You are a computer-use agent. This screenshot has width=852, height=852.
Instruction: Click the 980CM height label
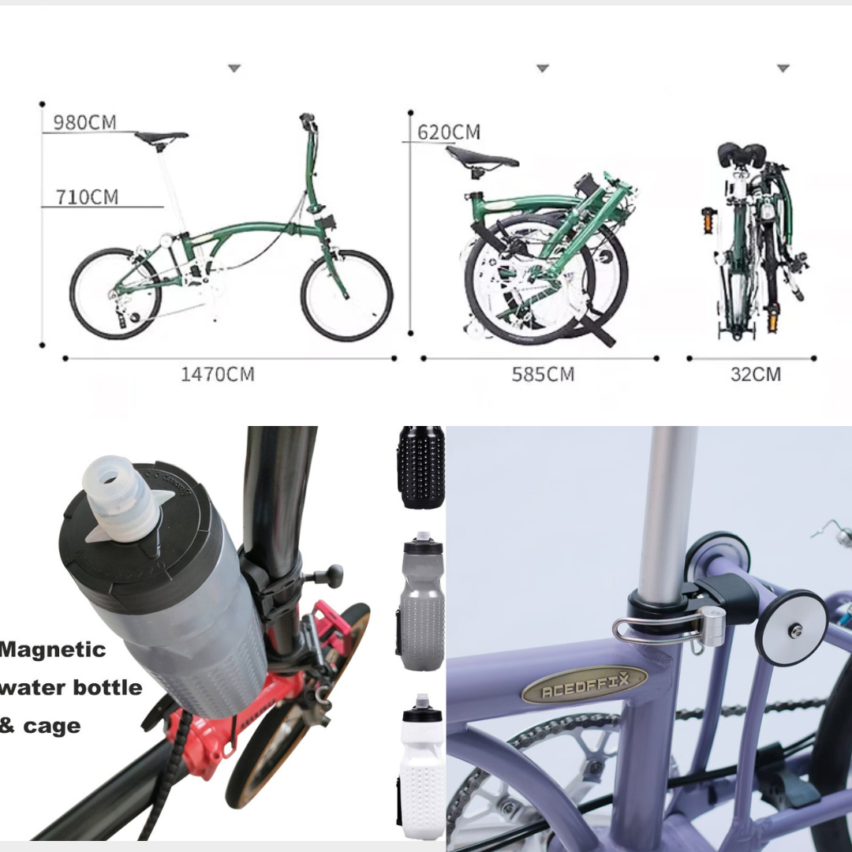[84, 122]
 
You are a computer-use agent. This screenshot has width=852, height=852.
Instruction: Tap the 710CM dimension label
[87, 196]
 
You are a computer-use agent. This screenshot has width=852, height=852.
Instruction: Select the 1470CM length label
[218, 375]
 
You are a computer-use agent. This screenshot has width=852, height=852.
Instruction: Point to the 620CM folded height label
[449, 132]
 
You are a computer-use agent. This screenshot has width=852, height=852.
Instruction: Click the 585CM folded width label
[543, 375]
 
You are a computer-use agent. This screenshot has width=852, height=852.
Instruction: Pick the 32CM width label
[756, 375]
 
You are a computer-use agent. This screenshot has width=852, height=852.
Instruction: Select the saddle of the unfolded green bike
[161, 137]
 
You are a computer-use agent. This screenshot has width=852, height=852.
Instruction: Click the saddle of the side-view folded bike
[482, 157]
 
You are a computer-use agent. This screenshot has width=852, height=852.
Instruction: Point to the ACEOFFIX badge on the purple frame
[584, 685]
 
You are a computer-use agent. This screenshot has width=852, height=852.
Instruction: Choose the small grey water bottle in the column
[421, 601]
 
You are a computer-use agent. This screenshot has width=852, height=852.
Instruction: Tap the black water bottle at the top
[421, 467]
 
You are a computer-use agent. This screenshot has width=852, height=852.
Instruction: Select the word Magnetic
[53, 650]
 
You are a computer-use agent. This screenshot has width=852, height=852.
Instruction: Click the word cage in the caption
[51, 726]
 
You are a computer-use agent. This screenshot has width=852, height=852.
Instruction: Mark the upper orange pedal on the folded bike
[708, 221]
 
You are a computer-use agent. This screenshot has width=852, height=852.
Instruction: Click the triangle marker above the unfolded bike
[234, 69]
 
